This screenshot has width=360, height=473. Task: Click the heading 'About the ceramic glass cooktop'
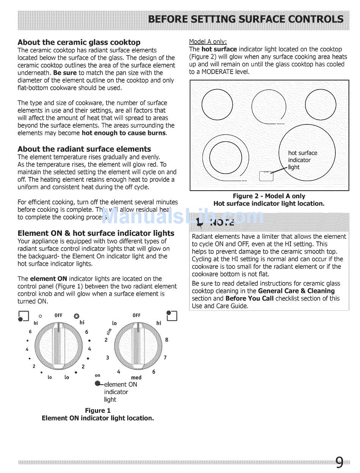tap(79, 42)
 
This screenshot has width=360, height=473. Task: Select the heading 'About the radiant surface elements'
tap(84, 149)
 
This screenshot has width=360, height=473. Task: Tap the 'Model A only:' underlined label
tap(208, 42)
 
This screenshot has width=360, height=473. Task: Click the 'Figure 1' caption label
tap(97, 410)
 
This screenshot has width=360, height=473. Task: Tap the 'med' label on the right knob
tap(136, 377)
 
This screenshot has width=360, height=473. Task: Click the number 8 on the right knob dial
tap(166, 340)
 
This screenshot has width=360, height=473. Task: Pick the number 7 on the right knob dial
tap(165, 357)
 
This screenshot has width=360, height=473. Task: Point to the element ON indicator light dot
tap(98, 383)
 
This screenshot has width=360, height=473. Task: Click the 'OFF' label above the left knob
tap(58, 315)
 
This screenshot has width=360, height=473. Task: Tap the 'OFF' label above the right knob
tap(136, 315)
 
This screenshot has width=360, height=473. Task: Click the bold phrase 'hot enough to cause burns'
tap(124, 133)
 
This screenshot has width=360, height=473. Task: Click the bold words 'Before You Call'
tap(249, 298)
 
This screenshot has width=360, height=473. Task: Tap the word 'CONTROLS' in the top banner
tap(318, 19)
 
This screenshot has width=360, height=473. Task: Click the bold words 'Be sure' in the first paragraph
tap(66, 73)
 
